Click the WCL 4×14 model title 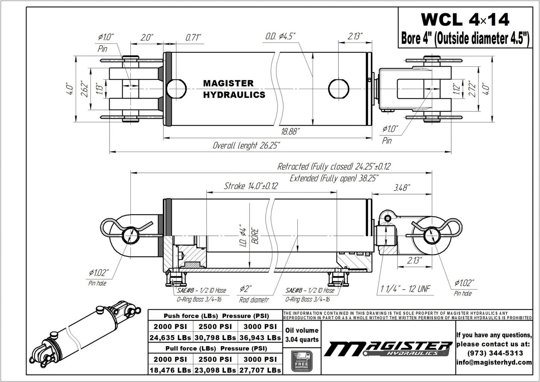tap(464, 19)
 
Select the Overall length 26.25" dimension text tap(246, 145)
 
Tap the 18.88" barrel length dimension tap(290, 132)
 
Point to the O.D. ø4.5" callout tap(280, 36)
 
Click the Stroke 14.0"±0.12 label tap(250, 186)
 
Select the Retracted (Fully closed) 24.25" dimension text tap(334, 166)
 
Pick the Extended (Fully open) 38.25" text tap(334, 178)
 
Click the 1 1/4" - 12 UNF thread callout tap(405, 288)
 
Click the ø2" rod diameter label tap(246, 289)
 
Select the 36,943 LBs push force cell tap(260, 338)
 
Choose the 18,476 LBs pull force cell tap(170, 370)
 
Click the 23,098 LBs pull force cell tap(215, 370)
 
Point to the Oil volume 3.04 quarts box tap(301, 335)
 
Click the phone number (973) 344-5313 tap(494, 353)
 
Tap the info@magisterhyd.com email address tap(494, 362)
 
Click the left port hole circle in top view tap(176, 89)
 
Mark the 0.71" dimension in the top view tap(193, 37)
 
